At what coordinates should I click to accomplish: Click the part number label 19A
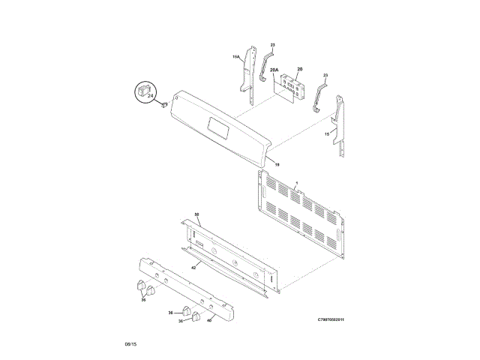click(235, 57)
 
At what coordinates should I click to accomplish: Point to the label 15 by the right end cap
click(326, 133)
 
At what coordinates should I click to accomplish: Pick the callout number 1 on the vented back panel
click(296, 183)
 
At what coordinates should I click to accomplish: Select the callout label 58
click(197, 214)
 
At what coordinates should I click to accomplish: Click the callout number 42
click(193, 267)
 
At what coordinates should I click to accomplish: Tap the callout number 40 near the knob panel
click(210, 319)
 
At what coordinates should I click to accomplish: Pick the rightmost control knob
click(197, 316)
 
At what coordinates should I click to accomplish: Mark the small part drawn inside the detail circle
click(142, 91)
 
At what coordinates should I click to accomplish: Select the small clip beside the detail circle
click(161, 106)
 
